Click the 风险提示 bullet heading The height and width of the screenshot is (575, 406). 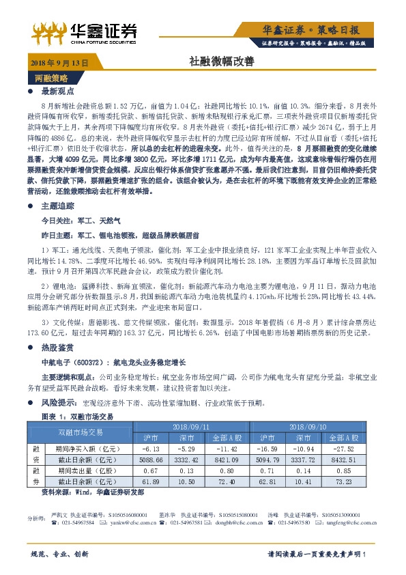(x=59, y=403)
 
